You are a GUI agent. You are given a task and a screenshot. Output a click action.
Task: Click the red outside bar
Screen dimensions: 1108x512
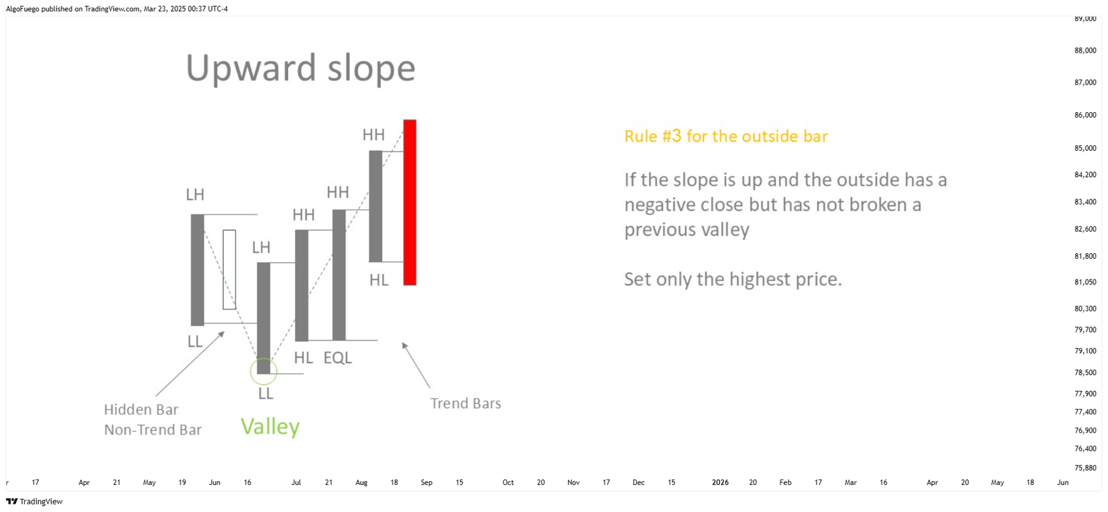point(409,202)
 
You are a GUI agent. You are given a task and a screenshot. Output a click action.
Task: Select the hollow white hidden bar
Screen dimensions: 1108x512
point(229,269)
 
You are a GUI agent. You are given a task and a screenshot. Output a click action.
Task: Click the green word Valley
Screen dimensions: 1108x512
point(270,426)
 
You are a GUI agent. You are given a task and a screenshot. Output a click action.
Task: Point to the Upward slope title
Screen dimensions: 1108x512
point(301,68)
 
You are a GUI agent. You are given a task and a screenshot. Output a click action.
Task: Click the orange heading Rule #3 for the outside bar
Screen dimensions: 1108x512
point(726,136)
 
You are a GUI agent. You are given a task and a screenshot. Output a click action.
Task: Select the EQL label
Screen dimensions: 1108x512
point(337,357)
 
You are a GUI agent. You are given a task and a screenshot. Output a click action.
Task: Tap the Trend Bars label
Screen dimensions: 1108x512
point(465,403)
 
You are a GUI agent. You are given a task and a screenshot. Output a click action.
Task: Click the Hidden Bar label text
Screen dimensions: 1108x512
point(141,409)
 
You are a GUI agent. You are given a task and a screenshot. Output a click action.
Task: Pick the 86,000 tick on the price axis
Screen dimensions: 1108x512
point(1085,115)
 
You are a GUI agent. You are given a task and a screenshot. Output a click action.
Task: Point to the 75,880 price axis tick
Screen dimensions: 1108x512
point(1085,468)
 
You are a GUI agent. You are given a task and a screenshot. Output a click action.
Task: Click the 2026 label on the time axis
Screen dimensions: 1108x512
point(720,482)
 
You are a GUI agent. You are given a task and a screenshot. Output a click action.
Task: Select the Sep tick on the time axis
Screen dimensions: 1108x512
point(427,482)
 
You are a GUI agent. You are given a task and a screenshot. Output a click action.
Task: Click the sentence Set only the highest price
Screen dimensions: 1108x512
point(733,280)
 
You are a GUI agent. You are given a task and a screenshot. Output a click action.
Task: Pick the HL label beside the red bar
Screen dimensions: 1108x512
point(379,280)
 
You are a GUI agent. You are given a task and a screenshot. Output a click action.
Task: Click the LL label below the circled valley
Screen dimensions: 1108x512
point(266,394)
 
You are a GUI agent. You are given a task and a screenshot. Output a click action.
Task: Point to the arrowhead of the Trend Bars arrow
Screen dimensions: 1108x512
point(402,343)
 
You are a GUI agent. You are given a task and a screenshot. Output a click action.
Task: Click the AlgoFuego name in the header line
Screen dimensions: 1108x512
point(22,9)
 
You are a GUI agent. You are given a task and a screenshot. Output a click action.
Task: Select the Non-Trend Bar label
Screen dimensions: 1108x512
point(153,430)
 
